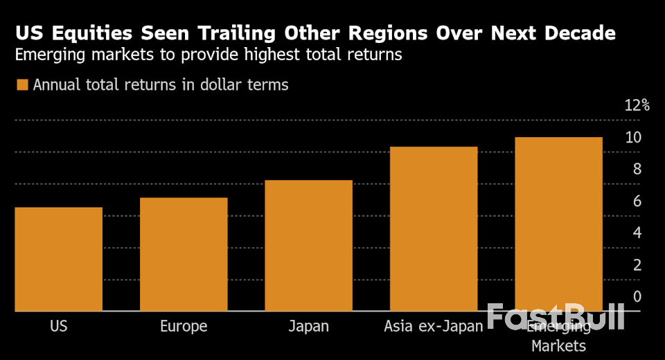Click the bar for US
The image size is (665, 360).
pyautogui.click(x=59, y=259)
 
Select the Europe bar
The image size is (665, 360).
pyautogui.click(x=184, y=254)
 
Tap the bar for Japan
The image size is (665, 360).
pyautogui.click(x=308, y=245)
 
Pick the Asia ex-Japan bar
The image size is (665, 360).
pyautogui.click(x=434, y=228)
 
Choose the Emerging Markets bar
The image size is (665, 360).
pyautogui.click(x=558, y=224)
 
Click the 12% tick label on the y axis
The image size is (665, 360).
pyautogui.click(x=637, y=105)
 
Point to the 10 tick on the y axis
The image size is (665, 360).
pyautogui.click(x=633, y=137)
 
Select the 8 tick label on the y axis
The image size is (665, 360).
pyautogui.click(x=637, y=169)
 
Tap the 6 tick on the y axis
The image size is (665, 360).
pyautogui.click(x=637, y=201)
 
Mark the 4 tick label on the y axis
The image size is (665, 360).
pyautogui.click(x=637, y=233)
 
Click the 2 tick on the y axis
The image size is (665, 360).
pyautogui.click(x=637, y=264)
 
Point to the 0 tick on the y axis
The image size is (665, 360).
pyautogui.click(x=637, y=296)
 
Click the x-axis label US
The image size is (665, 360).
pyautogui.click(x=59, y=326)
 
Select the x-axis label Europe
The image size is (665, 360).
pyautogui.click(x=184, y=326)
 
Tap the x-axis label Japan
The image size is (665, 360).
pyautogui.click(x=308, y=326)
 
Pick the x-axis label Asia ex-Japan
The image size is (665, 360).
pyautogui.click(x=434, y=326)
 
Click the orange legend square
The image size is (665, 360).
pyautogui.click(x=22, y=85)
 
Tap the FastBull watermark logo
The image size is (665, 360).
pyautogui.click(x=555, y=317)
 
